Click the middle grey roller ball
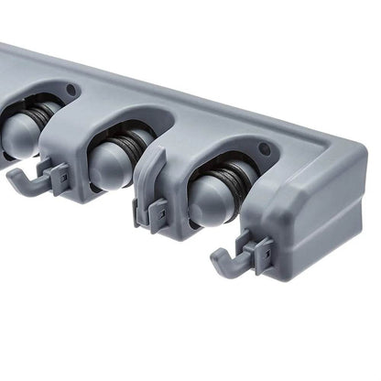pyautogui.click(x=107, y=165)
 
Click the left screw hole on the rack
pyautogui.click(x=71, y=90)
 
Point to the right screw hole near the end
pyautogui.click(x=264, y=148)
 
